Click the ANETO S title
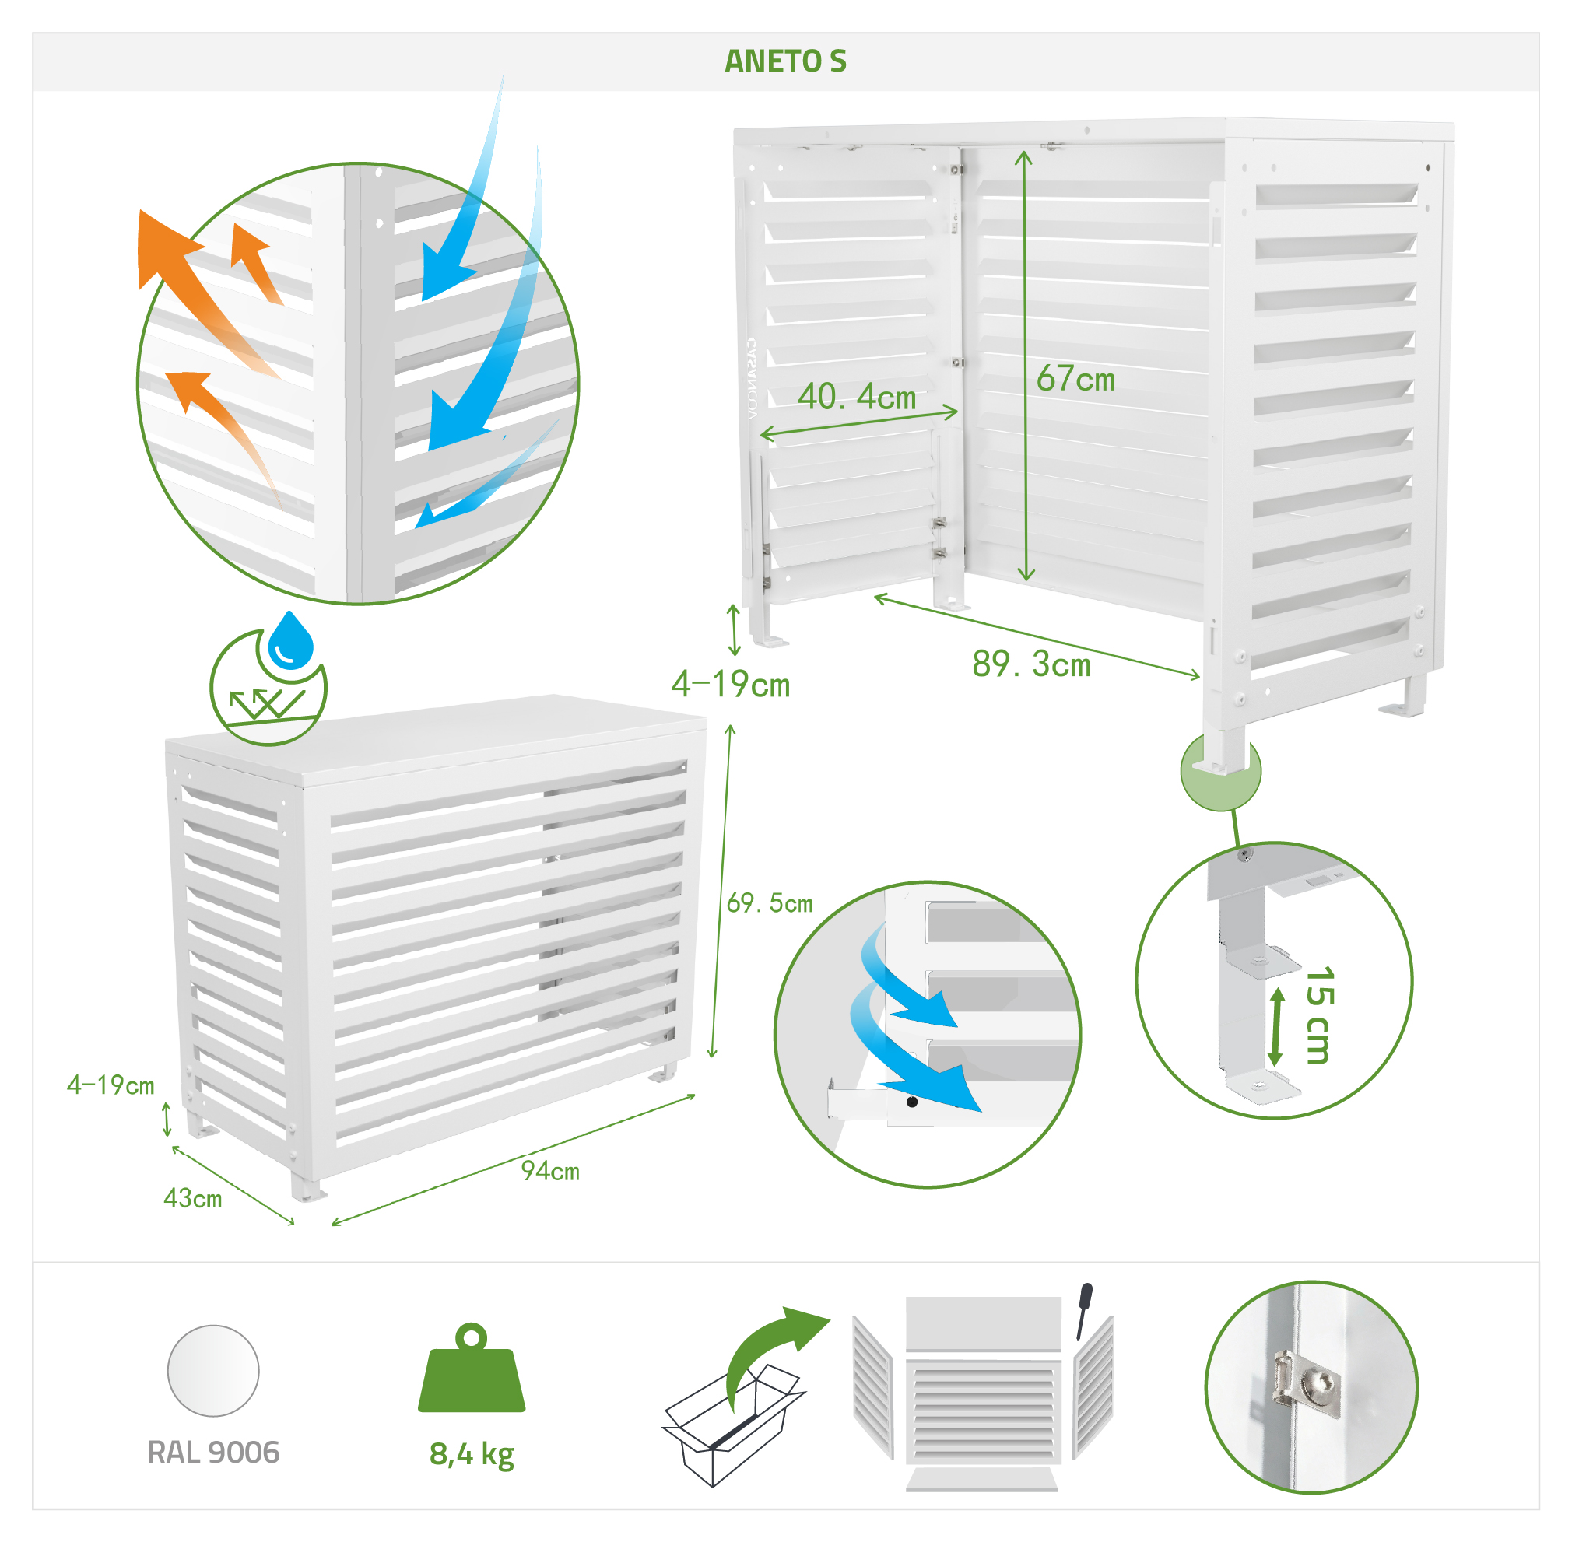784,61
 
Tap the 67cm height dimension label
1075,379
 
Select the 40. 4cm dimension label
857,397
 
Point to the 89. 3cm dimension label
1031,665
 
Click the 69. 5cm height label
770,903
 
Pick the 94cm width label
550,1171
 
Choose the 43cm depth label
193,1199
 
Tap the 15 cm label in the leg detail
1319,1015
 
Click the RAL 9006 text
213,1453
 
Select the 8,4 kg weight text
472,1455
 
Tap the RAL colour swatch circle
213,1371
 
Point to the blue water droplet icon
291,640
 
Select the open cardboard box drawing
733,1425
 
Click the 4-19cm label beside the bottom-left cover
111,1085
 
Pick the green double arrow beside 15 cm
1277,1026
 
